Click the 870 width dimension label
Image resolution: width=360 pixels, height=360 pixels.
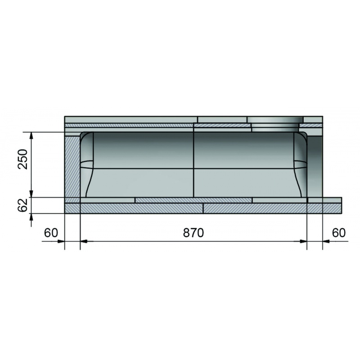[x=193, y=233]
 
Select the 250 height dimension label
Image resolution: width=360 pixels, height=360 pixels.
[x=23, y=159]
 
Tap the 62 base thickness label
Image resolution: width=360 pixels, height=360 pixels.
[x=23, y=205]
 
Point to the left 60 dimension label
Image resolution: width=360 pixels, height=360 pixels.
[x=51, y=233]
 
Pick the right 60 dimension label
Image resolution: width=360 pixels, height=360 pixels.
[x=339, y=233]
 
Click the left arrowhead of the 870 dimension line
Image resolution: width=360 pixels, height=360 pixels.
[x=84, y=241]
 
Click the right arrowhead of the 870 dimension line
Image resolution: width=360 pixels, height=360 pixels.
[x=303, y=241]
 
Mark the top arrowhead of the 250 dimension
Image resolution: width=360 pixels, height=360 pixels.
[x=31, y=136]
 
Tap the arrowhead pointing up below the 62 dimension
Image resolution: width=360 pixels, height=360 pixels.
[x=31, y=217]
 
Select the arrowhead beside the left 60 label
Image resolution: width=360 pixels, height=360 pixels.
[x=61, y=241]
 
